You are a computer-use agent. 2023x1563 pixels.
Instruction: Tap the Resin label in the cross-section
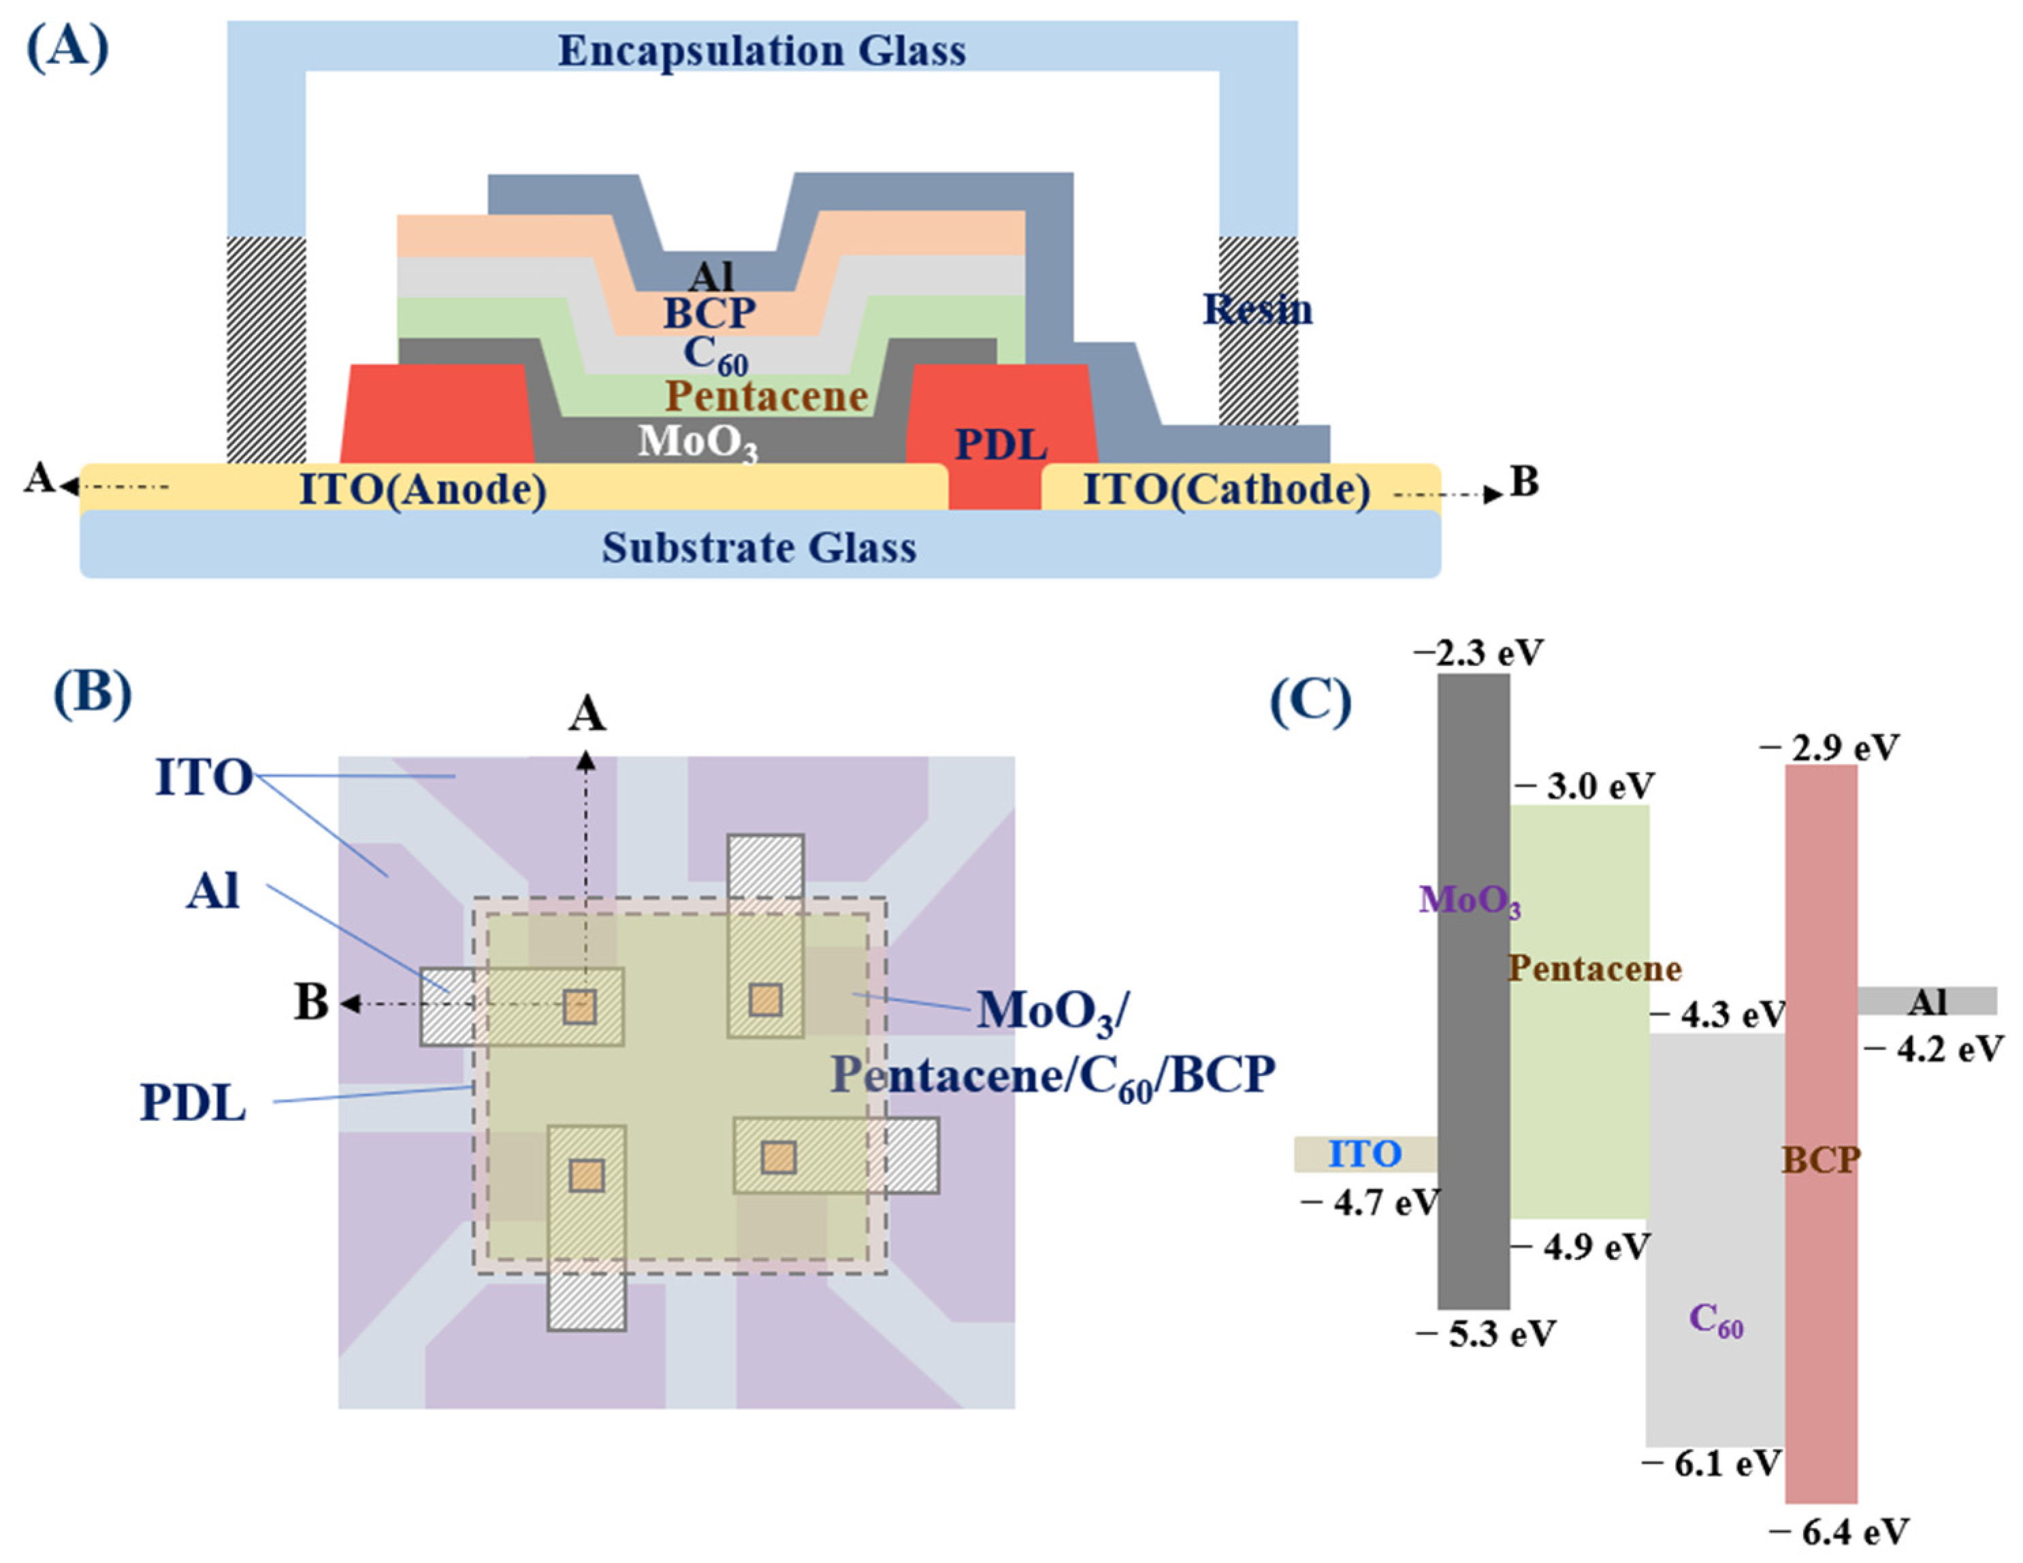[1257, 309]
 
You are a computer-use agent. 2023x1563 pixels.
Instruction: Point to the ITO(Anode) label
[423, 489]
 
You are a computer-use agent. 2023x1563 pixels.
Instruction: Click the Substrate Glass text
[760, 548]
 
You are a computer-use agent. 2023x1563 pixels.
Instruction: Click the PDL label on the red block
[1001, 445]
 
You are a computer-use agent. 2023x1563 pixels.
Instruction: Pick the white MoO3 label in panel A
[696, 442]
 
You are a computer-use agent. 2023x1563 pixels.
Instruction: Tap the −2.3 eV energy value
[1478, 653]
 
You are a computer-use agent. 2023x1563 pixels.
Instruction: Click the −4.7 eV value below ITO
[1370, 1203]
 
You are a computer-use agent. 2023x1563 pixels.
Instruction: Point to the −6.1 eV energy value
[1712, 1464]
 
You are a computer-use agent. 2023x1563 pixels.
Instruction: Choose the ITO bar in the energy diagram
[1364, 1154]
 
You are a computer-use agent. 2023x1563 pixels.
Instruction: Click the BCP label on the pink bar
[1820, 1160]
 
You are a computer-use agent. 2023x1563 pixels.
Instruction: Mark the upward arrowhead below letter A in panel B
[585, 761]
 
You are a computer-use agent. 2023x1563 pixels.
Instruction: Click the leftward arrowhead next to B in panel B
[350, 1003]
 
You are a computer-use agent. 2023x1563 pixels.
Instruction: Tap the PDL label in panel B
[193, 1103]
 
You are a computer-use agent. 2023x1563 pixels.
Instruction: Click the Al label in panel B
[212, 891]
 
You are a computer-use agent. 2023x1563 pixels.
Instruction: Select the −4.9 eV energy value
[1583, 1247]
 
